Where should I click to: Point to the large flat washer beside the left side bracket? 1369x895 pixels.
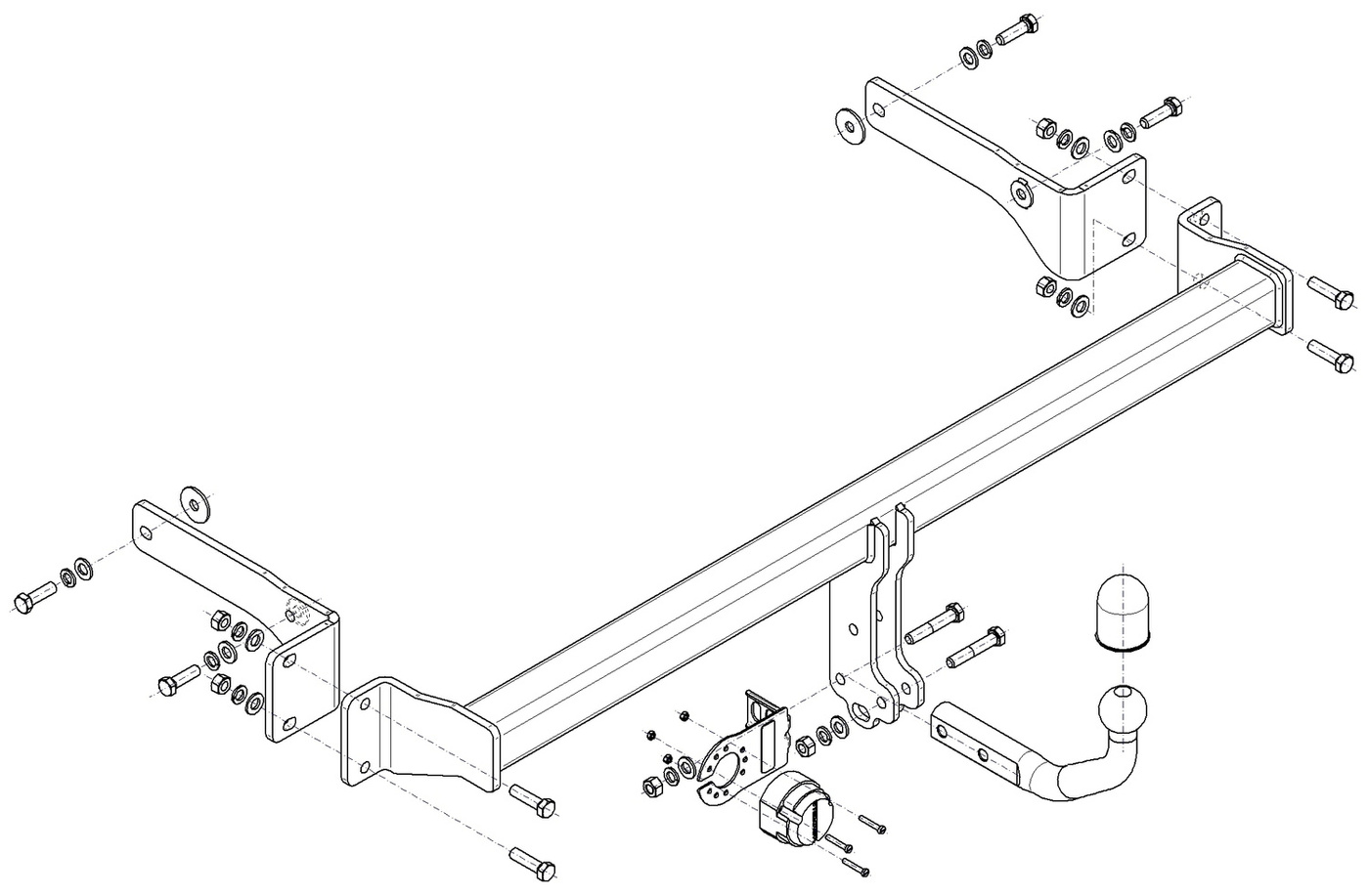(x=196, y=503)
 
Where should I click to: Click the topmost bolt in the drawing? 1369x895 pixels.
(x=1020, y=30)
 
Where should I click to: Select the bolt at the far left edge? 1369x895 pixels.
(x=35, y=598)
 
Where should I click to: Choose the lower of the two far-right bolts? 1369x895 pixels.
(x=1332, y=354)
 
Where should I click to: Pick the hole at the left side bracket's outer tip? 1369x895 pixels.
(x=146, y=533)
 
